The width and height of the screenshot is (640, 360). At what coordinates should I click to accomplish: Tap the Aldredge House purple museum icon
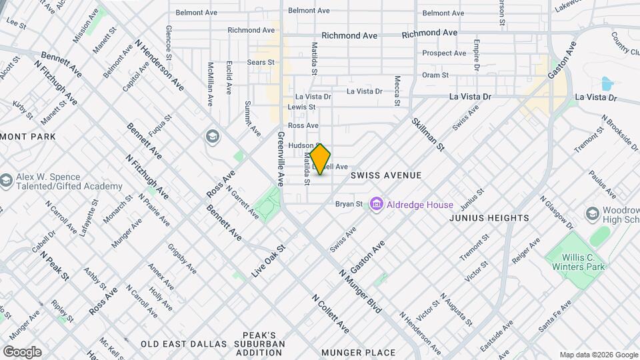[x=377, y=204]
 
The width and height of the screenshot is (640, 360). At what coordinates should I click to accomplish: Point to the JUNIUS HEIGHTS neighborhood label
[x=489, y=218]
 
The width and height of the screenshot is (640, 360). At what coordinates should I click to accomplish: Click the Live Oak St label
[x=269, y=261]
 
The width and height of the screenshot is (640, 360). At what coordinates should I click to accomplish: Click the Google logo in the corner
[x=22, y=351]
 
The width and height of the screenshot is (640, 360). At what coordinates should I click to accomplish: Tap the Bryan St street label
[x=349, y=204]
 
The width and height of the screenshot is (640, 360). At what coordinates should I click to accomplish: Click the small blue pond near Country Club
[x=606, y=83]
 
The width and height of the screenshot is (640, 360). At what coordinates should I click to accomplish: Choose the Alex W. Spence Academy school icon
[x=6, y=181]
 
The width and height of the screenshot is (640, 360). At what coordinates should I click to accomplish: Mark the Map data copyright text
[x=598, y=355]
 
